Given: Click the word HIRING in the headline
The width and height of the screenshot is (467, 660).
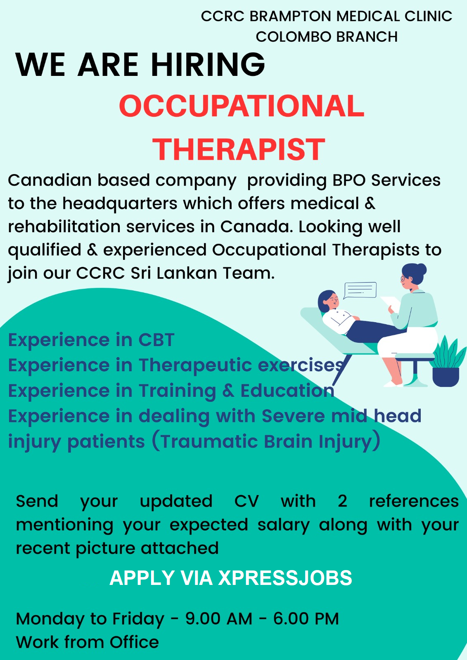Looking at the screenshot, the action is [x=208, y=64].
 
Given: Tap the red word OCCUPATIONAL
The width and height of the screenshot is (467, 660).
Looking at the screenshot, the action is [x=242, y=106].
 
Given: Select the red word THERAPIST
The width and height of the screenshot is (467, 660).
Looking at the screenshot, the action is [x=239, y=150].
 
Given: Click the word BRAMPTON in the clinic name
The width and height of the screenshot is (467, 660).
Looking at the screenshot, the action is [x=291, y=16].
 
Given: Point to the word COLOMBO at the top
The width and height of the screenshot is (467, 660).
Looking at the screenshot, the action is [x=294, y=37].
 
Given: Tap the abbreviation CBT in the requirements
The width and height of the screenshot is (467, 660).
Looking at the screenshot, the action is [x=156, y=340].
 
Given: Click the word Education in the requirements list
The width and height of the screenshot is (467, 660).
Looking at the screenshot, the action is [x=287, y=391].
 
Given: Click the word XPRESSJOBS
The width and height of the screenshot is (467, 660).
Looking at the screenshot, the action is [x=285, y=577].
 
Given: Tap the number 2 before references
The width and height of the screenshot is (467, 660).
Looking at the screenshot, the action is [x=342, y=501].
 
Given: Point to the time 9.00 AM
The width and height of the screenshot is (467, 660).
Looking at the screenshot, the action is [x=219, y=618].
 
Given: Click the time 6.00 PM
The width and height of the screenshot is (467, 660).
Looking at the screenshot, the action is [x=306, y=618].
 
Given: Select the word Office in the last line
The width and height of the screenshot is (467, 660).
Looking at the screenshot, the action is [x=134, y=642].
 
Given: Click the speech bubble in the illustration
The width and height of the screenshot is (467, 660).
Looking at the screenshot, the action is [x=360, y=290].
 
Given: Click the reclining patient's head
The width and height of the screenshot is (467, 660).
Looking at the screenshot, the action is [x=327, y=301].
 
